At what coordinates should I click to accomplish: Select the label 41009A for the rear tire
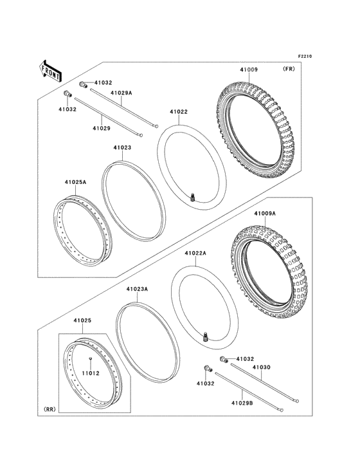pos(264,214)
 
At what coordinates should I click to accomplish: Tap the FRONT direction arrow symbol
pos(51,69)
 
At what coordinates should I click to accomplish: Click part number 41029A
pos(121,93)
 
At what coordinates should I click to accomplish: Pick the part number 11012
pos(91,373)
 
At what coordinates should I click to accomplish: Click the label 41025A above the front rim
pos(76,183)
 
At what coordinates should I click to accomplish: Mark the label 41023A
pos(137,290)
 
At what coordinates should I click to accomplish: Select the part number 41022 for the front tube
pos(179,112)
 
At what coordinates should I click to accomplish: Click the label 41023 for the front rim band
pos(123,148)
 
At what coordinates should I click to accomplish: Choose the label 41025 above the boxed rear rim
pos(82,320)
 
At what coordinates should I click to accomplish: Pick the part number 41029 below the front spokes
pos(101,128)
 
